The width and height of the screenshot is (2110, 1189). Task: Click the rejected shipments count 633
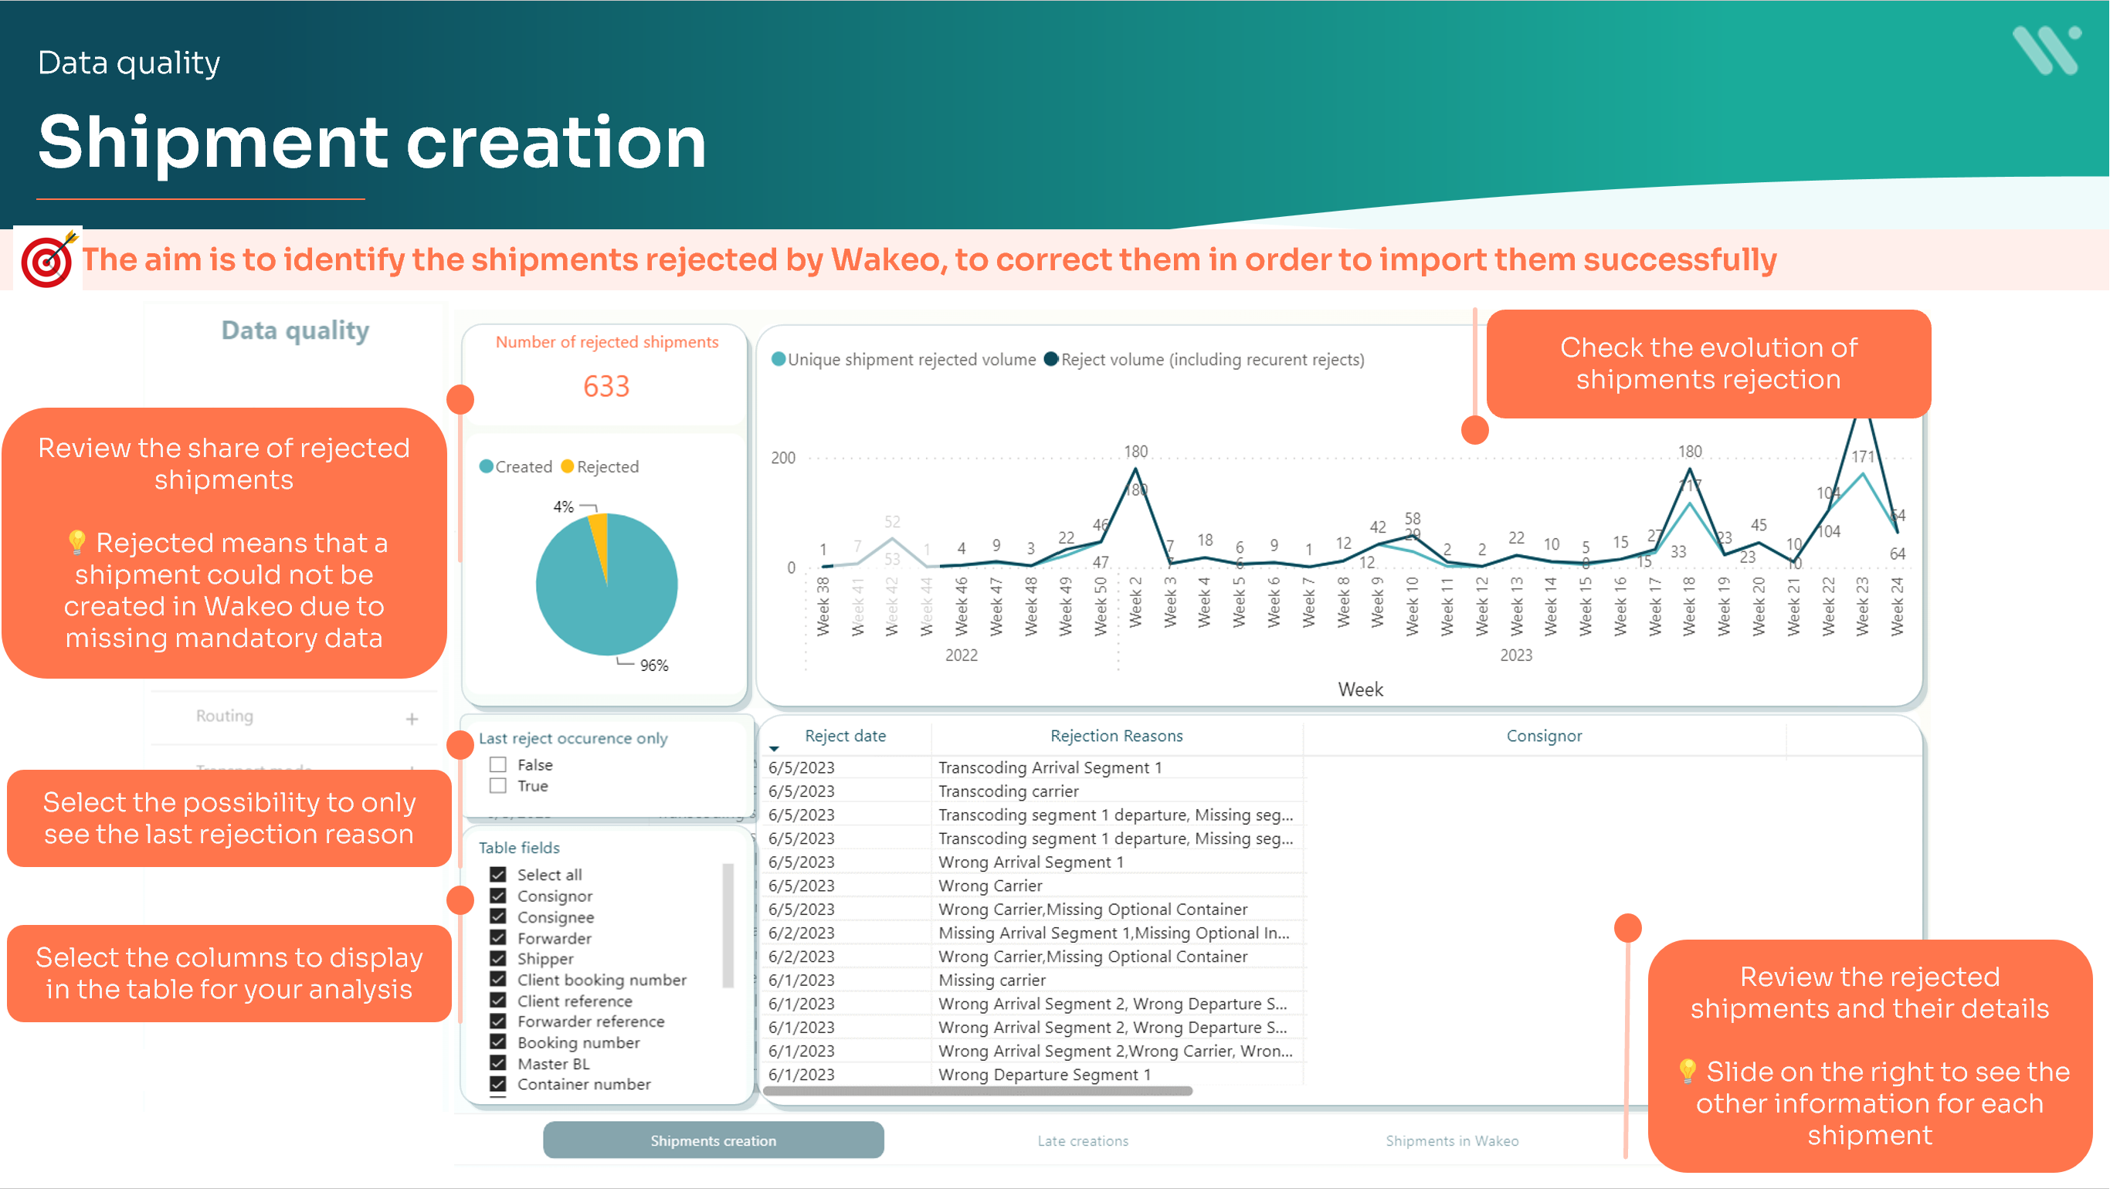click(x=606, y=387)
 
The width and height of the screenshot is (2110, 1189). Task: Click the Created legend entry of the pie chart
click(x=516, y=467)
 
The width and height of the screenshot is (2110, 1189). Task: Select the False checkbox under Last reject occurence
click(x=498, y=765)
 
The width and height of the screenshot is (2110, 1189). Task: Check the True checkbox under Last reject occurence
click(x=498, y=786)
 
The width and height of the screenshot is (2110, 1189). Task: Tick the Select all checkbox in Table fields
click(x=498, y=875)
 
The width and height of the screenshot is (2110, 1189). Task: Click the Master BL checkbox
click(x=498, y=1064)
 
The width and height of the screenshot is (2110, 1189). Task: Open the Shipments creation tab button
click(x=713, y=1140)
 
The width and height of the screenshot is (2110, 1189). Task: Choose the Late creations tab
click(x=1083, y=1140)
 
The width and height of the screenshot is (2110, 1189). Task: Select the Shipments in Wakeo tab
click(x=1451, y=1140)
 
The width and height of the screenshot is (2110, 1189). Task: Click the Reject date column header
click(x=845, y=736)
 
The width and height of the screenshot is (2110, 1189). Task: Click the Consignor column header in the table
click(x=1544, y=736)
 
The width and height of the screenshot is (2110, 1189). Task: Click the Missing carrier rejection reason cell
click(x=992, y=981)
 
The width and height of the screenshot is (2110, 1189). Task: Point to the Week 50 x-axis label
click(x=1101, y=606)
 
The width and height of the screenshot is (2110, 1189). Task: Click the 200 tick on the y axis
click(x=783, y=458)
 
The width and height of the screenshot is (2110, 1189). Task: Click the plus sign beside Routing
click(x=412, y=719)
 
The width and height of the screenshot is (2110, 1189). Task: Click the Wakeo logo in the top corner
click(x=2046, y=51)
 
